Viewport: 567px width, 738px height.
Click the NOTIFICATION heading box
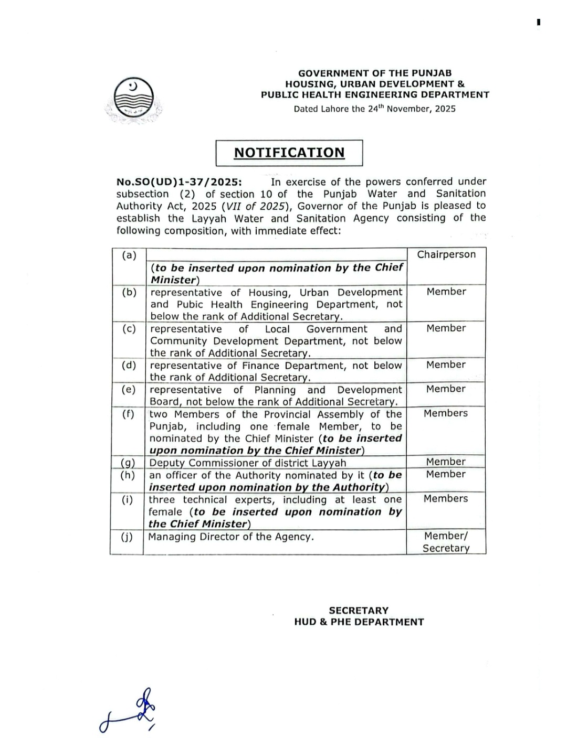point(289,153)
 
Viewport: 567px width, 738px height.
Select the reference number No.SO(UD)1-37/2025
point(179,182)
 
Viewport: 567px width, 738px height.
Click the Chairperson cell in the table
point(446,255)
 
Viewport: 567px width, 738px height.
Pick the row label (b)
point(129,292)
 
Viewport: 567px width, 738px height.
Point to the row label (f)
point(129,414)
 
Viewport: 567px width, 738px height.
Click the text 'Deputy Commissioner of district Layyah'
point(248,463)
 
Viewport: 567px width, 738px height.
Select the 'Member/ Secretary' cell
point(446,542)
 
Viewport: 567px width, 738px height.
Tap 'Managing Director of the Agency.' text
point(231,537)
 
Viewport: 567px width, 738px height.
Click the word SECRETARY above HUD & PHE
point(359,611)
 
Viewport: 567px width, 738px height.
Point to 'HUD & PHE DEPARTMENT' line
point(359,622)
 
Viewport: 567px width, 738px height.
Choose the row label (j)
point(127,537)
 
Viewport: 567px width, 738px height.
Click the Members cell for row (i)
point(446,499)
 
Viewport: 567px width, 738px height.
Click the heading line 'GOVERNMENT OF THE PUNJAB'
point(375,73)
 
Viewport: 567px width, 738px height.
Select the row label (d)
point(129,365)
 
